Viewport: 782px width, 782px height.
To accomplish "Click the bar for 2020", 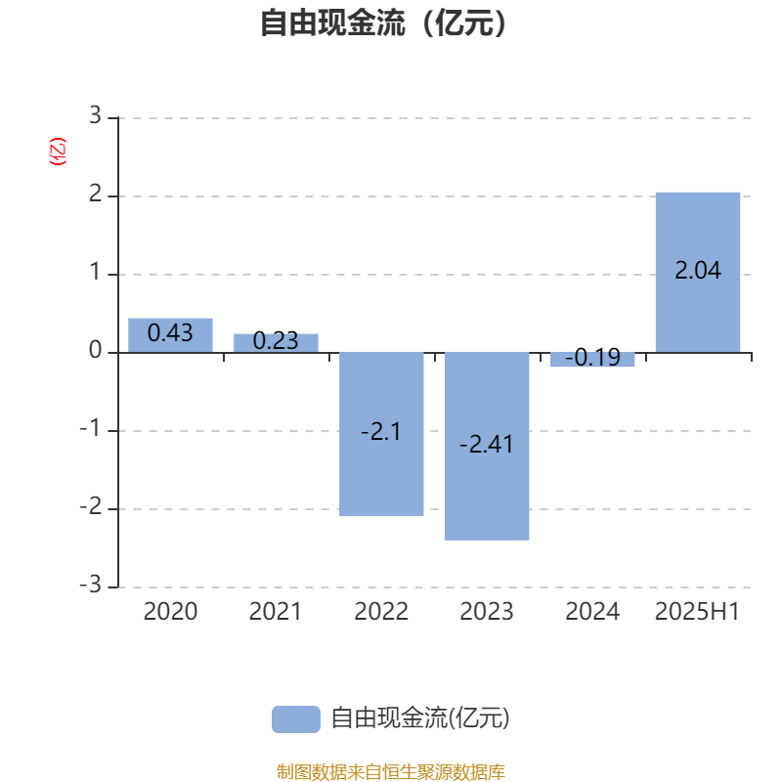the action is (x=170, y=335).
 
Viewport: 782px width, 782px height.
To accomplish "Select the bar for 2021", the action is (x=276, y=343).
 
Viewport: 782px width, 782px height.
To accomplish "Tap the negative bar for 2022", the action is (x=381, y=434).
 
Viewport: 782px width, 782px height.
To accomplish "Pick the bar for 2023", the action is (x=487, y=447).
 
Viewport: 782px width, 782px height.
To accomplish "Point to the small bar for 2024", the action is (x=592, y=360).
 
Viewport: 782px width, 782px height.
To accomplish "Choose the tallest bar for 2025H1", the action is (x=698, y=273).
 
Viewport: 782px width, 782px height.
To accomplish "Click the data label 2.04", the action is (x=698, y=271).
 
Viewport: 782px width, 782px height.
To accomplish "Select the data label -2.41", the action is (x=486, y=445).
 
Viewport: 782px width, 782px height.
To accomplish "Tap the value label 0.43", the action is (x=170, y=332).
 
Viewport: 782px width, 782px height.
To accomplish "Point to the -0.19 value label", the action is (x=592, y=357).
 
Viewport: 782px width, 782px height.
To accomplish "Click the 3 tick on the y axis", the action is (x=95, y=115).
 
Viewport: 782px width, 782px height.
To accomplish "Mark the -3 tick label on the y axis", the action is (x=91, y=585).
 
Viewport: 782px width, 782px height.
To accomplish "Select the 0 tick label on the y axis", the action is (x=95, y=350).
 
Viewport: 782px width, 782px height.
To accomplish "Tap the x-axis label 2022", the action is (x=381, y=612).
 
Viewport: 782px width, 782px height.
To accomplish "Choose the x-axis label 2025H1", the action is (x=697, y=612).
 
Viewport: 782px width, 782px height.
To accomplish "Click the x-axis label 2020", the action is (x=170, y=612).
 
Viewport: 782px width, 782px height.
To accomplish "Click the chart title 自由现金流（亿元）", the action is (x=383, y=22).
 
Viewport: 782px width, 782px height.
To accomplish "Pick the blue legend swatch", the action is (x=296, y=719).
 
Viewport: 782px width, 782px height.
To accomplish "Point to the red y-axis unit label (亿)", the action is (x=58, y=152).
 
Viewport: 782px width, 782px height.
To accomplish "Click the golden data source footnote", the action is (x=390, y=771).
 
